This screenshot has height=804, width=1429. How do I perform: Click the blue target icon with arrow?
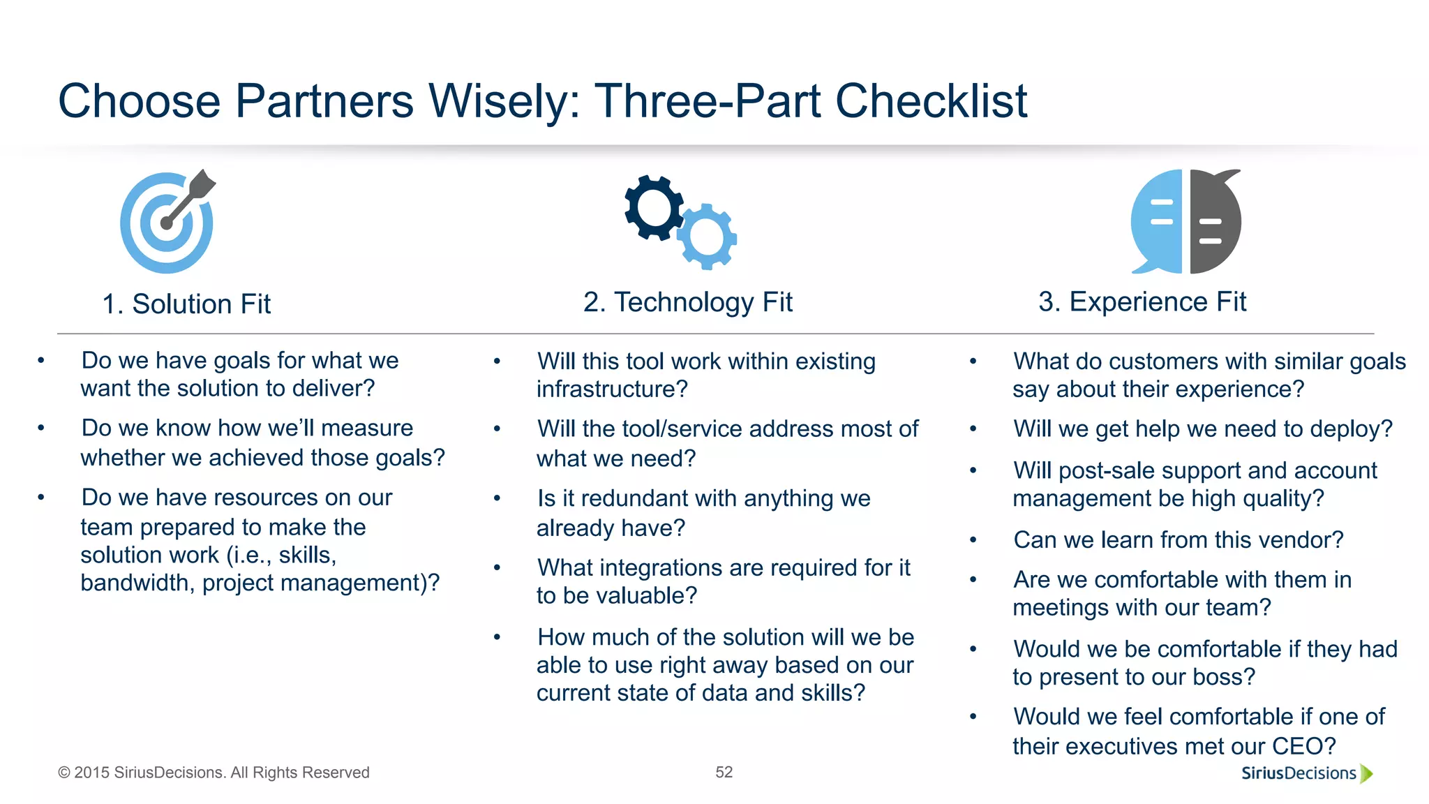click(167, 223)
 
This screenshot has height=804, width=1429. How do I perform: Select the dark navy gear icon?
click(654, 208)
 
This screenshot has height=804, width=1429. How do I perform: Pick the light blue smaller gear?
click(708, 237)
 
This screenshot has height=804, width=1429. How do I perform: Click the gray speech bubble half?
click(1215, 222)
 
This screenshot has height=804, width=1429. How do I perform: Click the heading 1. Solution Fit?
click(186, 304)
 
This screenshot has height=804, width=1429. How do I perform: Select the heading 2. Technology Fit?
click(688, 302)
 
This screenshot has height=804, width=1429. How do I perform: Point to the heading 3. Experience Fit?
click(1142, 302)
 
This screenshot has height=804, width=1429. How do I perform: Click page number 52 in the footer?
click(724, 772)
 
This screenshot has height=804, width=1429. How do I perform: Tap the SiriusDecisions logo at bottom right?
click(1305, 773)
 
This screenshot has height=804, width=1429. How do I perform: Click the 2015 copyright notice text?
click(214, 773)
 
